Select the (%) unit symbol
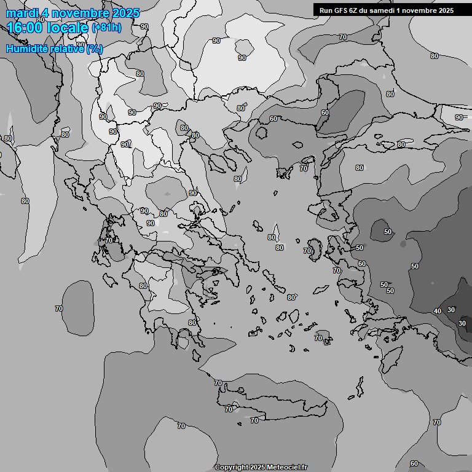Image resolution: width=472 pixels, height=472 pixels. click(x=95, y=49)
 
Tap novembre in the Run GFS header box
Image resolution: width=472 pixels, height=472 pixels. click(x=419, y=10)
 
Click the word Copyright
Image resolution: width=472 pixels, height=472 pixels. click(x=231, y=467)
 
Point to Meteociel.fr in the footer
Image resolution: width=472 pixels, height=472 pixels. click(x=288, y=467)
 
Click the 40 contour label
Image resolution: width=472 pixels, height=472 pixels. click(x=438, y=311)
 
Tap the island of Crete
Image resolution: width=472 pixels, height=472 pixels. click(x=270, y=399)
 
